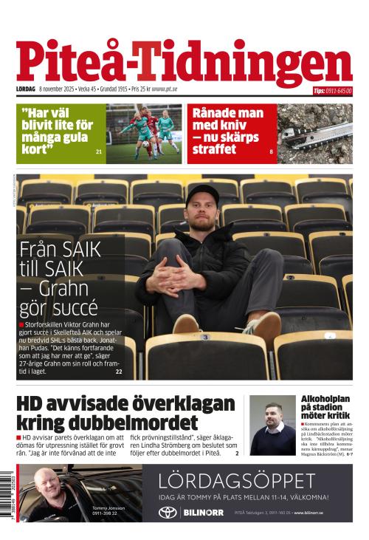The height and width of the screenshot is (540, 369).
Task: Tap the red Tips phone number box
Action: [332, 91]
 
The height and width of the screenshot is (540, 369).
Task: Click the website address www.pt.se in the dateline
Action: [164, 89]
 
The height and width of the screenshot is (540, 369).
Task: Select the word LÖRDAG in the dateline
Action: [26, 89]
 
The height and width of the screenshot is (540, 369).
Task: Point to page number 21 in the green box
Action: [99, 151]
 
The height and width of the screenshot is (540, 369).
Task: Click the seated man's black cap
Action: [204, 194]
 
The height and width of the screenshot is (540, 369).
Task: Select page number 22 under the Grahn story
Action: [119, 372]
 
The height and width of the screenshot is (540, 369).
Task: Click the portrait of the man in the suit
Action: [271, 425]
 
